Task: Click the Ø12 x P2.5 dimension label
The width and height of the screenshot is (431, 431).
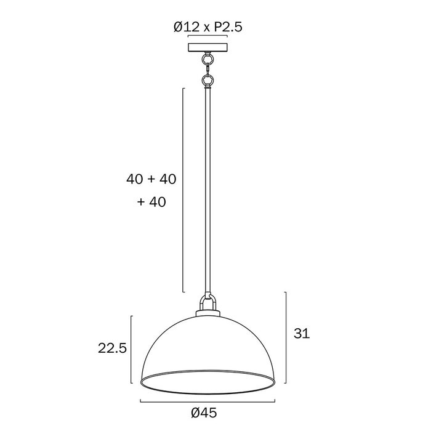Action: (208, 27)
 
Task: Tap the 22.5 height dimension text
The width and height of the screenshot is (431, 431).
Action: (112, 348)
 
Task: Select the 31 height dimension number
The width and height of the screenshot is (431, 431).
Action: (302, 333)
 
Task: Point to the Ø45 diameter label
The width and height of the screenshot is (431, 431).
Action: (204, 413)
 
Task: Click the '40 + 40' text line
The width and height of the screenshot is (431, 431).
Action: (151, 179)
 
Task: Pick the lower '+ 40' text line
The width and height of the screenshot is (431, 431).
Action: (151, 202)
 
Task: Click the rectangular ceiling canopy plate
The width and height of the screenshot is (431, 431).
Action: (208, 47)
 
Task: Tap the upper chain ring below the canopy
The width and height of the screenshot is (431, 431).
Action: (207, 59)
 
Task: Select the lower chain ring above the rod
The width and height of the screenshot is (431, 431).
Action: (207, 80)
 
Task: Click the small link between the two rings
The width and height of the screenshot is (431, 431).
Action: (207, 70)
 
